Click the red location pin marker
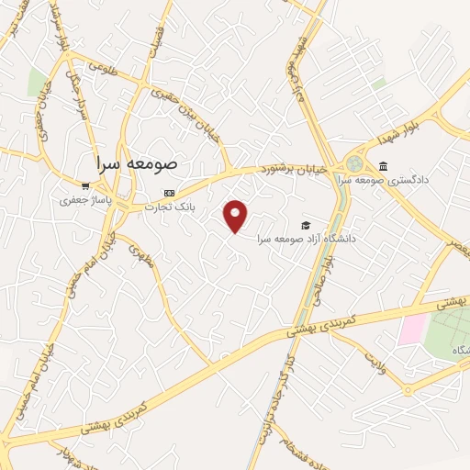point(237,215)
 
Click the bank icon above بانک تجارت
point(168,193)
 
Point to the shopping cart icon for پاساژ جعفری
point(85,185)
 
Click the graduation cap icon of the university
point(305,225)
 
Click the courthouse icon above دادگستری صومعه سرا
point(383,166)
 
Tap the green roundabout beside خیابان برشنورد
point(354,163)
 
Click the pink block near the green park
point(412,329)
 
